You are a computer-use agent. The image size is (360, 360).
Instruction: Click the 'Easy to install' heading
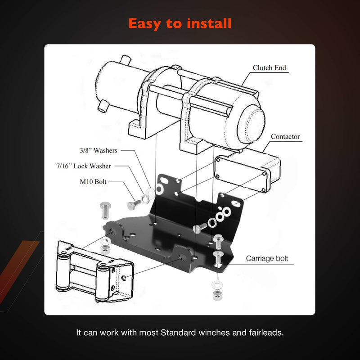tap(180, 24)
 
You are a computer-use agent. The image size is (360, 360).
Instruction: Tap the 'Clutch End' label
tap(269, 68)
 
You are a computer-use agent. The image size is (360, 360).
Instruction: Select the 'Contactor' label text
tap(285, 137)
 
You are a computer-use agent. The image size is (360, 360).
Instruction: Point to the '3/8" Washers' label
tap(98, 150)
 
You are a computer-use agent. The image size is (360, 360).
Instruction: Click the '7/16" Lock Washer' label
tap(84, 166)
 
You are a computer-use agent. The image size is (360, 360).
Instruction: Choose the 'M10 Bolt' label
tap(93, 182)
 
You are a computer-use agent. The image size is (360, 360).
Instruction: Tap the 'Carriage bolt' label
tap(267, 258)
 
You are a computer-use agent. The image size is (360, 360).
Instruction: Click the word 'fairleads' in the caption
tap(266, 333)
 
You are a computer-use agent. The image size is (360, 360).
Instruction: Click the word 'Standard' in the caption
tap(178, 333)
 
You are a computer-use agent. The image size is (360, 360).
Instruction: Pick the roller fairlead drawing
tap(94, 272)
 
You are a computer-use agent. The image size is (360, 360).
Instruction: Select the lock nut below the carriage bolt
tap(217, 295)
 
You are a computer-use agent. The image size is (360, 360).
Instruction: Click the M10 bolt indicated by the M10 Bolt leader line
tap(134, 205)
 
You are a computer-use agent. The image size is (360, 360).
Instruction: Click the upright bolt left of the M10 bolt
tap(105, 210)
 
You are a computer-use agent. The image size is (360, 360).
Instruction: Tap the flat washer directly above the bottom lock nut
tap(217, 285)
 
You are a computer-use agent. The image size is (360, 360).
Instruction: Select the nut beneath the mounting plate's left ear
tap(105, 249)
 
